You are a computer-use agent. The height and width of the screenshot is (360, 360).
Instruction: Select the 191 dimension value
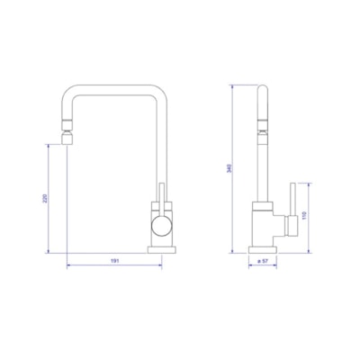point(115,260)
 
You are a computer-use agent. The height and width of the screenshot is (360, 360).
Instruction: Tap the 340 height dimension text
point(234,167)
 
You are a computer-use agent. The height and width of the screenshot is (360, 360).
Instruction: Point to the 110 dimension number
point(306,217)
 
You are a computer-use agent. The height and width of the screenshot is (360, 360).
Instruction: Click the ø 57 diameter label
point(264,260)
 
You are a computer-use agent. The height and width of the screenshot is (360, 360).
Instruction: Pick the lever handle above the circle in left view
point(163,199)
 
